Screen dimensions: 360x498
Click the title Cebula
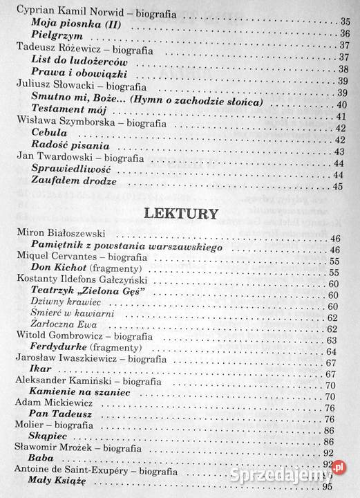(x=49, y=131)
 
